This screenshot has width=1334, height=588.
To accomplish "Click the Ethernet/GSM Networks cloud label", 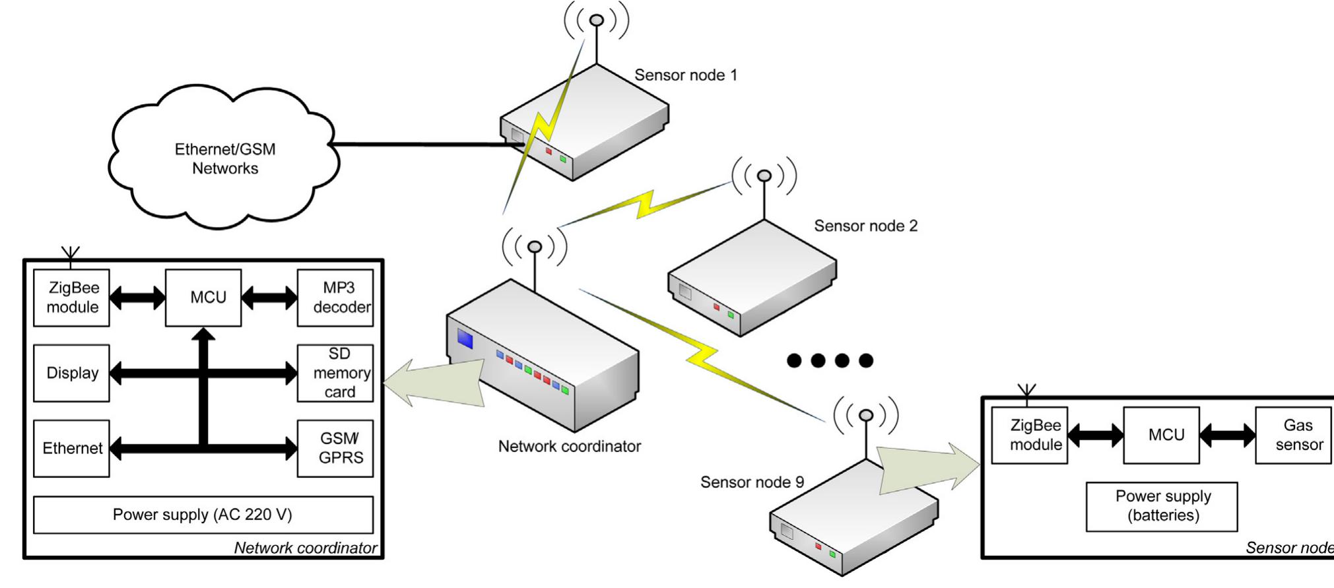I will [225, 158].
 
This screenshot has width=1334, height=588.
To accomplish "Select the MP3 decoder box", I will [335, 298].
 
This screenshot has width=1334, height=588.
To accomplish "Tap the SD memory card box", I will [335, 373].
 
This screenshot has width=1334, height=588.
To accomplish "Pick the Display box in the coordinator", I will [71, 373].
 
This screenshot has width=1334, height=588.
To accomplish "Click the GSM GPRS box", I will [335, 448].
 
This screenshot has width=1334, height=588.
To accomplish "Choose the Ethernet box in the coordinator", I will [71, 448].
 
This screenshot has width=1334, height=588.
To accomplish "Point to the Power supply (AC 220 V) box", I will [203, 515].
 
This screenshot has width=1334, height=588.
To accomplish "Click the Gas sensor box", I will [1293, 435].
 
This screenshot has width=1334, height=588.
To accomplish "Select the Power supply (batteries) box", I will [1162, 506].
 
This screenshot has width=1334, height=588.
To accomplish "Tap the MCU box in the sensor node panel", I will [1161, 435].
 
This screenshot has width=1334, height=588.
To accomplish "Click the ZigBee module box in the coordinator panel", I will [71, 298].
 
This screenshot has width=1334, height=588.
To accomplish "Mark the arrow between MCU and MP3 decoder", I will [269, 298].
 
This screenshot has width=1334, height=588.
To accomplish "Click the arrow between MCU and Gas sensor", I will [1227, 435].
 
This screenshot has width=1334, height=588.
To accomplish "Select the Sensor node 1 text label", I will [685, 75].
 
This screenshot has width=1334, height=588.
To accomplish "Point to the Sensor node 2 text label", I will [865, 226].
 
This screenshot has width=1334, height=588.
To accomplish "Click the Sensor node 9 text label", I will [752, 482].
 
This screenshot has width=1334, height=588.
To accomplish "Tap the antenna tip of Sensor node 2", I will [764, 176].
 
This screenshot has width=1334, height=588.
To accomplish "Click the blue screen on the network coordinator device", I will [465, 339].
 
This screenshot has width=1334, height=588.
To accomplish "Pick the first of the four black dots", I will [794, 360].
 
